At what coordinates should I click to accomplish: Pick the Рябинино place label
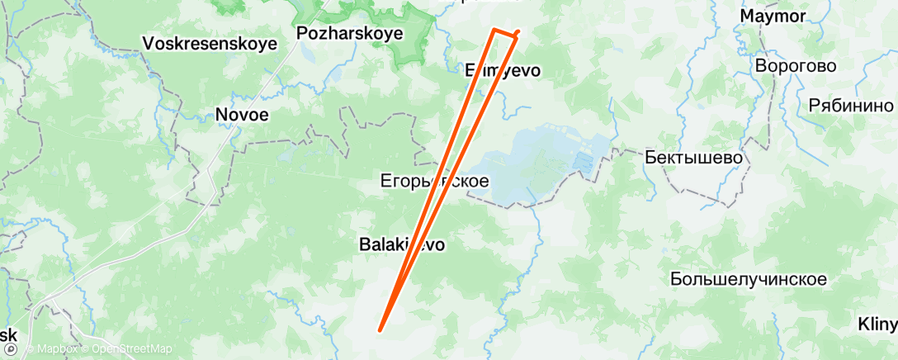tap(850, 105)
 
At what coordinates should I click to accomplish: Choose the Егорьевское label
tap(434, 180)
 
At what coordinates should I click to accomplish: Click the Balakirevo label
tap(402, 244)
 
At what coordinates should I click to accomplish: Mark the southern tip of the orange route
tap(380, 330)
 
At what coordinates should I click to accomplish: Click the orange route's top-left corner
tap(494, 30)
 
